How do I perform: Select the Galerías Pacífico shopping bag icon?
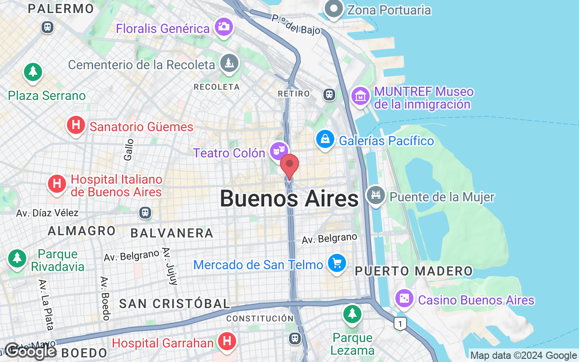tap(325, 139)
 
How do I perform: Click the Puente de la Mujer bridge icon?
tap(375, 195)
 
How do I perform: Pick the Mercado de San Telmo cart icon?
tap(337, 262)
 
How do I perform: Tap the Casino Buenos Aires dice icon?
tap(403, 298)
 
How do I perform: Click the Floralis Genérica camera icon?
tap(223, 27)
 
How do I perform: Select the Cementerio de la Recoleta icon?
tap(229, 63)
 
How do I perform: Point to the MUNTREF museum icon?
tap(361, 96)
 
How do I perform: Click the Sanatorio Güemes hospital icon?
tap(76, 124)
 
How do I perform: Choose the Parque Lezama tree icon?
tap(352, 313)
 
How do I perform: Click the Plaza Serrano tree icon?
tap(33, 72)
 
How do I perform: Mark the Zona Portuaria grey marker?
tap(334, 9)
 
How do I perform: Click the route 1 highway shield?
tap(399, 323)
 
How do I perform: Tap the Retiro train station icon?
tap(329, 94)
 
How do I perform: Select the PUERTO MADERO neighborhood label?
tap(413, 271)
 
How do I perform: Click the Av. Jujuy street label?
tap(169, 266)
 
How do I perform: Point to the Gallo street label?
tap(129, 149)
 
